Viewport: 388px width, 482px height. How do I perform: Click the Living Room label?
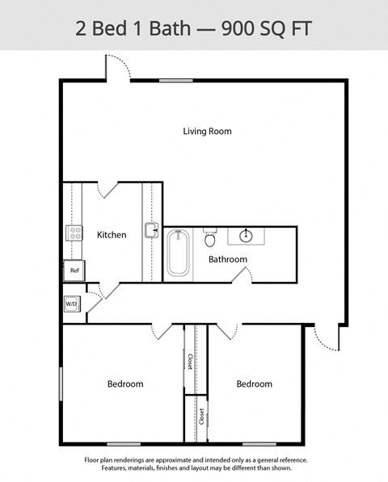click(x=207, y=131)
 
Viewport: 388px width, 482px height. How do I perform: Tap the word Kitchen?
click(x=112, y=235)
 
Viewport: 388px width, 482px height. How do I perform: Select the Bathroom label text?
click(x=227, y=259)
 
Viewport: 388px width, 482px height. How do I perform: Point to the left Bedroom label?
click(x=125, y=384)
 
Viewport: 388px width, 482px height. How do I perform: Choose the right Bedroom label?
click(x=254, y=384)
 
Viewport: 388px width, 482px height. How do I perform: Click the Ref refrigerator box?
click(x=74, y=270)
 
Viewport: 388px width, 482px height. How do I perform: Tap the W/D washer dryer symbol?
click(x=71, y=304)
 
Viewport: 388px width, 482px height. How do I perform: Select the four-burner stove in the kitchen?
click(x=74, y=233)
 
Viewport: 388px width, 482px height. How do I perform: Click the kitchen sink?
click(x=151, y=231)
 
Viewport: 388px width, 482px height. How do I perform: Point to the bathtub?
click(x=177, y=252)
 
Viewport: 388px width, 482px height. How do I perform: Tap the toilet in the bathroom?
click(x=210, y=238)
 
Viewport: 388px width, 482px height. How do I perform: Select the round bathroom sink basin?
click(x=245, y=236)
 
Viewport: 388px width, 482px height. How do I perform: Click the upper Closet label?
click(x=190, y=361)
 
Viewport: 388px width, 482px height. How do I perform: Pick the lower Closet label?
click(x=201, y=417)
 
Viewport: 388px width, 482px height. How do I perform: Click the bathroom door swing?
click(x=240, y=275)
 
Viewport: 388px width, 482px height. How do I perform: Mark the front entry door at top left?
click(x=116, y=67)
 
